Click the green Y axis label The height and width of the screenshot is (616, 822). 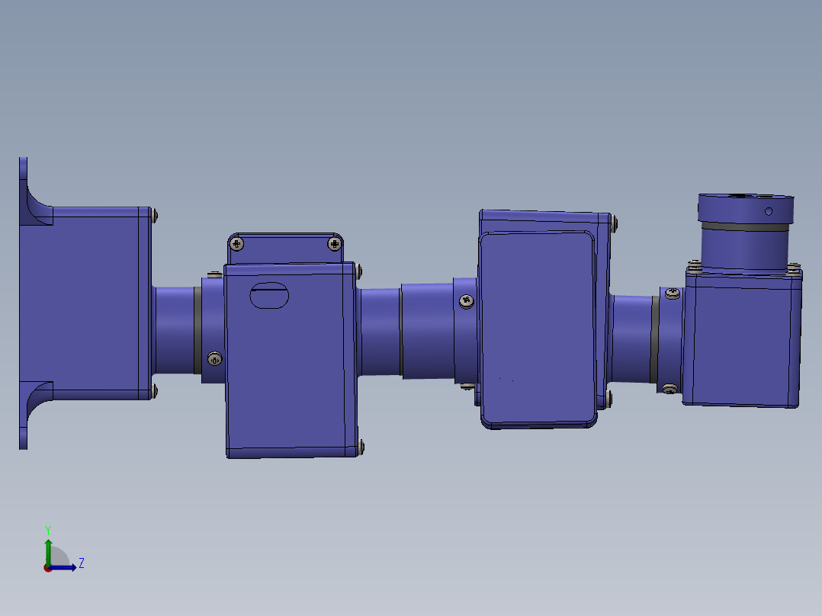click(48, 530)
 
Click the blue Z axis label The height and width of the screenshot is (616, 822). click(82, 563)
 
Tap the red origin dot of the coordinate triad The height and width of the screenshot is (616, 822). click(47, 568)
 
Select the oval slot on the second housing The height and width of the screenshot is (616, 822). click(269, 295)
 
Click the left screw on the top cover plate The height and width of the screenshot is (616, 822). click(237, 244)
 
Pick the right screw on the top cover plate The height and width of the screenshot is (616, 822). click(335, 244)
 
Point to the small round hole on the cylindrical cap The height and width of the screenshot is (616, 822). click(769, 211)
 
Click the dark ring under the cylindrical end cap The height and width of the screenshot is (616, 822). click(745, 226)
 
